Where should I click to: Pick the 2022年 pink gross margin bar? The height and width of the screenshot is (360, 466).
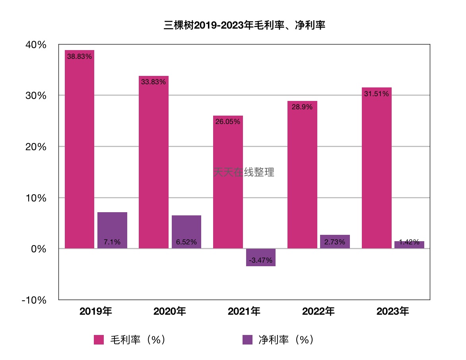302,179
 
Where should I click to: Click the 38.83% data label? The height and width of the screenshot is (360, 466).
80,56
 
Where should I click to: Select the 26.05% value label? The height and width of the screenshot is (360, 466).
228,122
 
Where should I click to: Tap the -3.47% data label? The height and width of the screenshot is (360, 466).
261,260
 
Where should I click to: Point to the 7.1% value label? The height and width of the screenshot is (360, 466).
112,242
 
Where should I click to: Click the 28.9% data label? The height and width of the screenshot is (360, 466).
302,107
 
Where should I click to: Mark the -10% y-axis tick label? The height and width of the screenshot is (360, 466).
34,300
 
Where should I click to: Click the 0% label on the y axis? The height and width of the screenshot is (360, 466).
39,249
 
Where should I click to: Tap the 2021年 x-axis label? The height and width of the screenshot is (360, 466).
244,312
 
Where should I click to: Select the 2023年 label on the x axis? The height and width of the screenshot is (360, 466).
393,312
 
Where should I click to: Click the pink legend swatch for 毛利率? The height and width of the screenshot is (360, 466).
99,340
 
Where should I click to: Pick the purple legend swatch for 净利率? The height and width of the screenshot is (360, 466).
247,340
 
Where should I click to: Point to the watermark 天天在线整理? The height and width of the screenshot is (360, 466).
244,172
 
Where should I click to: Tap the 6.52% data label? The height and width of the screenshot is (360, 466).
186,242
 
